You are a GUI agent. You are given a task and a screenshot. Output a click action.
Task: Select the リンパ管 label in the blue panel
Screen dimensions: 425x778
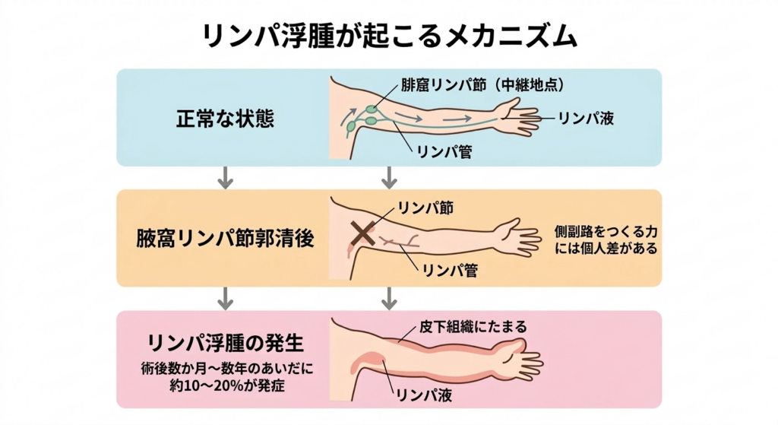tap(444, 151)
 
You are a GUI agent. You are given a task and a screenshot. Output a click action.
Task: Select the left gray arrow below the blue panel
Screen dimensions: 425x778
tap(224, 177)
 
